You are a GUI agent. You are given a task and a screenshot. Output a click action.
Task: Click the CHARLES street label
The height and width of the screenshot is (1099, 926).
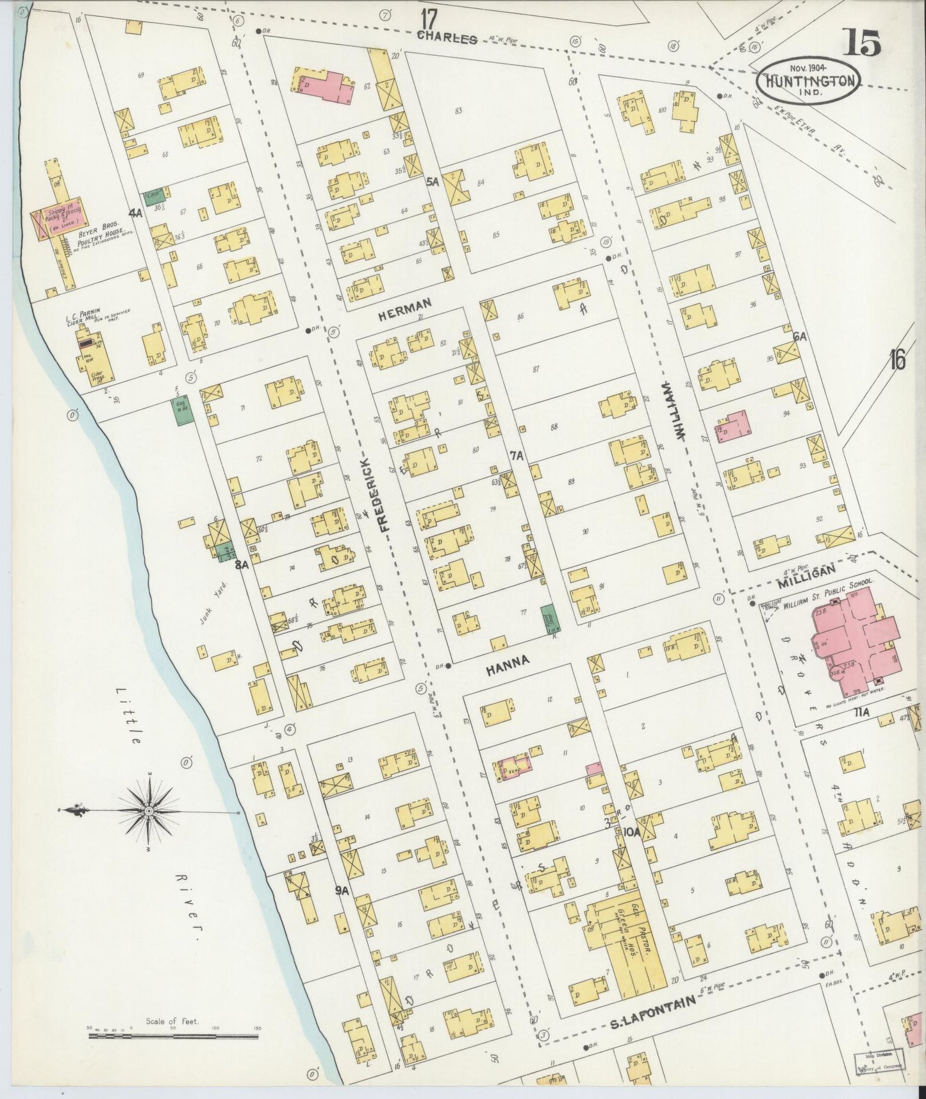click(447, 38)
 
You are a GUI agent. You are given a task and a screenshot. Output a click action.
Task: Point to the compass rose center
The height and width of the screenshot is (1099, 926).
click(149, 811)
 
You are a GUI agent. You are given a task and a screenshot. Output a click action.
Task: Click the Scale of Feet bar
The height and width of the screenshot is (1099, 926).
click(173, 1036)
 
